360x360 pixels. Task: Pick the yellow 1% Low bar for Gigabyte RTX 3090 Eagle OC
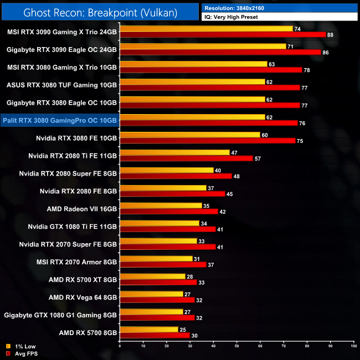point(203,47)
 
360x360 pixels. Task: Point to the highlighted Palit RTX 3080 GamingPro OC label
point(60,120)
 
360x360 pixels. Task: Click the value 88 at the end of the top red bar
point(330,35)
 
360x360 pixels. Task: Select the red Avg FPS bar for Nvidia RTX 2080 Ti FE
point(186,158)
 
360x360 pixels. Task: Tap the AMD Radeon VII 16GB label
point(82,209)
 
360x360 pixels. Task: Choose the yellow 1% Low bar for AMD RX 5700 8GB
point(149,330)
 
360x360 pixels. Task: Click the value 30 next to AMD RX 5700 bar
point(194,336)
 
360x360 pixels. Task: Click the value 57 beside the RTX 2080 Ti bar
point(257,158)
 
